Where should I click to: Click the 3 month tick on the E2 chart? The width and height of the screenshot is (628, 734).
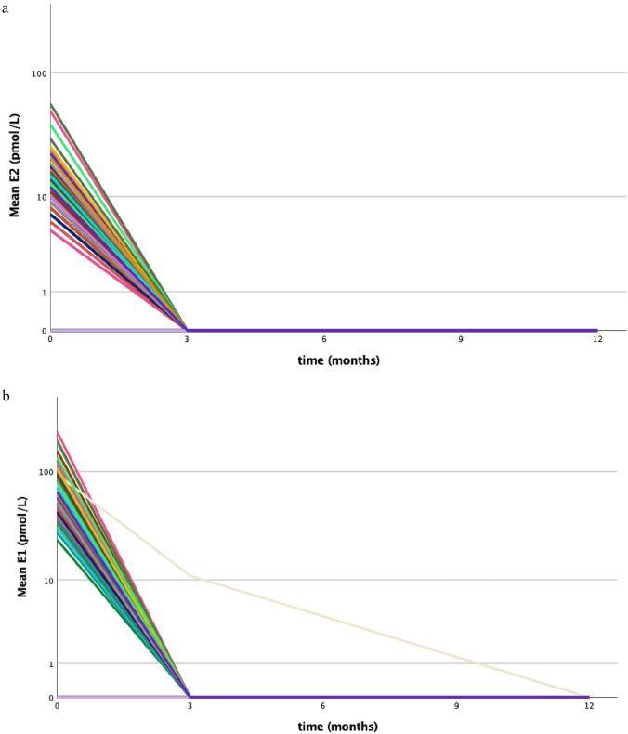coord(187,340)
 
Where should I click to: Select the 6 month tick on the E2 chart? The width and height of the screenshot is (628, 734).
coord(323,340)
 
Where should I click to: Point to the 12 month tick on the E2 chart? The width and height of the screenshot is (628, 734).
coord(596,340)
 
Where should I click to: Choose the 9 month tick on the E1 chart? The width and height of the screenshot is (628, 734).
coord(456,706)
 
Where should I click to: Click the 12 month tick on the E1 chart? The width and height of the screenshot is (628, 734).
coord(589,706)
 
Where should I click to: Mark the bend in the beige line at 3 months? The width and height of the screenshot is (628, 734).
coord(191,576)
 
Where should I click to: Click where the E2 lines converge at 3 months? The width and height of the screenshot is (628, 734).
coord(188,330)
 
